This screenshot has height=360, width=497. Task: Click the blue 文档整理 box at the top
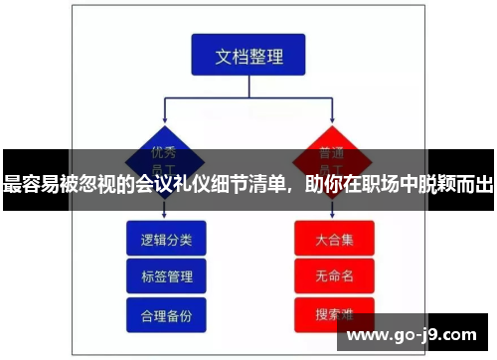pyautogui.click(x=248, y=56)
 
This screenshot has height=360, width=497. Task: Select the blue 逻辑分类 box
pyautogui.click(x=166, y=239)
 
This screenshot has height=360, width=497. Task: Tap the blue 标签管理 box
pyautogui.click(x=166, y=276)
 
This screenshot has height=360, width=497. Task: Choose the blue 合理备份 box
pyautogui.click(x=166, y=314)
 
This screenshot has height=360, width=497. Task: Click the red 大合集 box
pyautogui.click(x=334, y=239)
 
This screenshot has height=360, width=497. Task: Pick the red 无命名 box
pyautogui.click(x=334, y=276)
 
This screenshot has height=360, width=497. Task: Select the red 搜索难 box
pyautogui.click(x=334, y=314)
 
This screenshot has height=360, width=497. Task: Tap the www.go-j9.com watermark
pyautogui.click(x=412, y=333)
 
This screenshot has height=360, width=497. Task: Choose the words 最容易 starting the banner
pyautogui.click(x=32, y=184)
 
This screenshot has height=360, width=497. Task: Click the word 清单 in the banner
pyautogui.click(x=266, y=184)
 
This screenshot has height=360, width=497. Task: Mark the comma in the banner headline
pyautogui.click(x=293, y=189)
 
